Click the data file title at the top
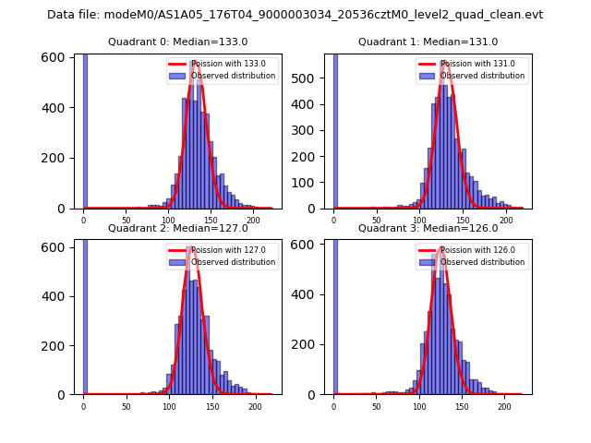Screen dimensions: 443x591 295,15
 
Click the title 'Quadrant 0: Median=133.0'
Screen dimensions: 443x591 177,42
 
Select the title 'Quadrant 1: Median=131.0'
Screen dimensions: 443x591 428,42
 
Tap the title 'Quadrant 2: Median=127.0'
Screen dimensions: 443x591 177,228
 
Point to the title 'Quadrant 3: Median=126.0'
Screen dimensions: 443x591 428,228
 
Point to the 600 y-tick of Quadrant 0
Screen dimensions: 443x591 58,57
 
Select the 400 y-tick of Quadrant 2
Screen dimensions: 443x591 58,296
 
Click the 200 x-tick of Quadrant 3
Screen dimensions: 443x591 504,405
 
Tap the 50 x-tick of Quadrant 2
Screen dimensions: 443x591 127,405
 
